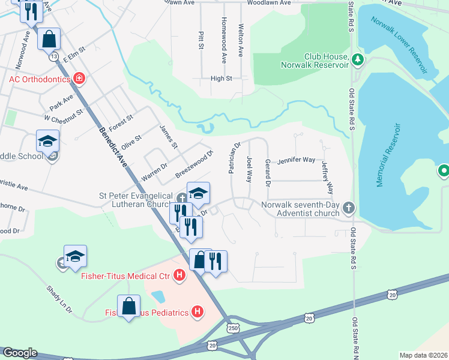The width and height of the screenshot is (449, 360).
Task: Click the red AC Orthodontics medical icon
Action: pos(79,79)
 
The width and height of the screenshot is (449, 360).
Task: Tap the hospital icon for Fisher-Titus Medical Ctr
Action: pos(178,276)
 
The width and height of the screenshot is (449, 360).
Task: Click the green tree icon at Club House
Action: pos(358,59)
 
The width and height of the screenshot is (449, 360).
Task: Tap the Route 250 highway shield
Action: pos(232,328)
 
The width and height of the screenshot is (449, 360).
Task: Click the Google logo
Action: pos(19,353)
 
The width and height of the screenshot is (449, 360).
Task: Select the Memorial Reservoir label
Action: pos(388,155)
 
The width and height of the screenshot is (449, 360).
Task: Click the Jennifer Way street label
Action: pos(295,160)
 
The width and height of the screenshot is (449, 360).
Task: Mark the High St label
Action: pos(221,78)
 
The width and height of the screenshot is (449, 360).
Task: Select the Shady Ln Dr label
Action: pos(59,298)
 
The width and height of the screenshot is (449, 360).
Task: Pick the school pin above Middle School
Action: pos(48,142)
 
